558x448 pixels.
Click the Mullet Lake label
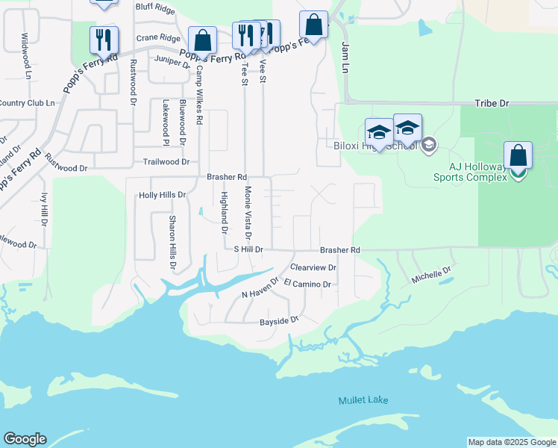coord(363,401)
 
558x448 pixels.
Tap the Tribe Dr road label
coord(492,104)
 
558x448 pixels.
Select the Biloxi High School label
coord(381,146)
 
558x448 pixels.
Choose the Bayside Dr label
coord(278,321)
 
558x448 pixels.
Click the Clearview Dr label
coord(313,267)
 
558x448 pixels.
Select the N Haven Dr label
coord(259,294)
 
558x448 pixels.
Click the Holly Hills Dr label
coord(162,195)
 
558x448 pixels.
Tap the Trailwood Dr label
coord(166,161)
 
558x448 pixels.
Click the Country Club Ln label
coord(27,103)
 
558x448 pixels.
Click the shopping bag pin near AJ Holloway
coord(518,156)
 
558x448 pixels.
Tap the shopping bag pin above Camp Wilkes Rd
coord(202,40)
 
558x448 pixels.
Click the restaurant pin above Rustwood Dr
coord(104,40)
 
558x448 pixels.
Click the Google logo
coord(25,439)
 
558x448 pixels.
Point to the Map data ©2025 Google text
coord(512,442)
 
